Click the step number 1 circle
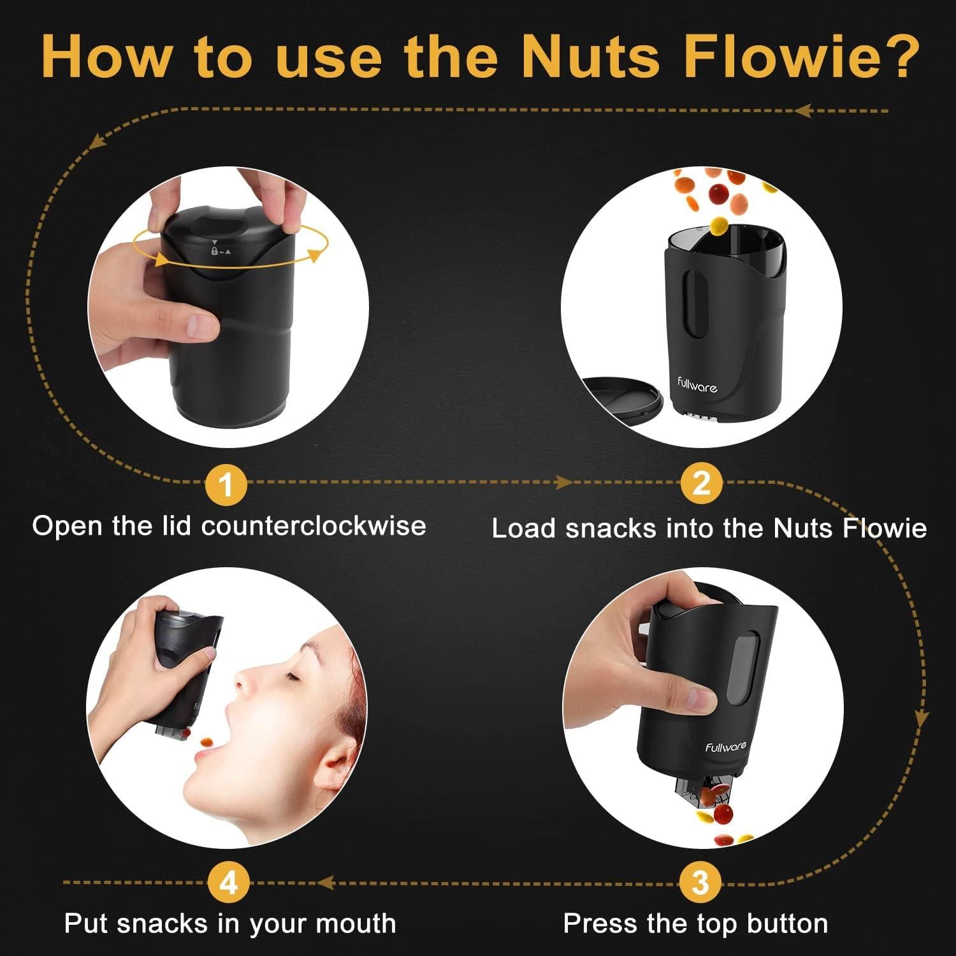click(x=226, y=484)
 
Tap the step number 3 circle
click(x=700, y=883)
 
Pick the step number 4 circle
click(x=228, y=883)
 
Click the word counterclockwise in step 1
click(x=314, y=526)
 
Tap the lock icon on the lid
click(x=215, y=251)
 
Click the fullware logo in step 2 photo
click(x=697, y=385)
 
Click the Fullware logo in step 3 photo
click(x=725, y=747)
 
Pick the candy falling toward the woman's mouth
click(x=208, y=742)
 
